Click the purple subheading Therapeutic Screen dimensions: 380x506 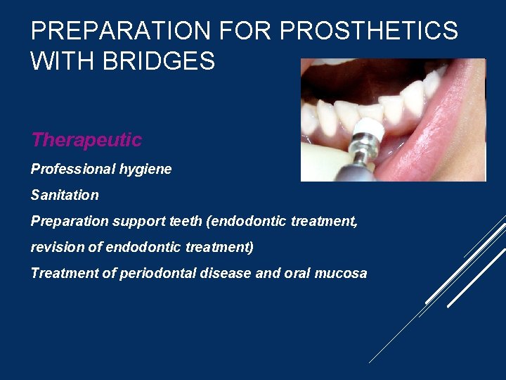[86, 140]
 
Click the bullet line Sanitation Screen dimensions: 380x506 [65, 195]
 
